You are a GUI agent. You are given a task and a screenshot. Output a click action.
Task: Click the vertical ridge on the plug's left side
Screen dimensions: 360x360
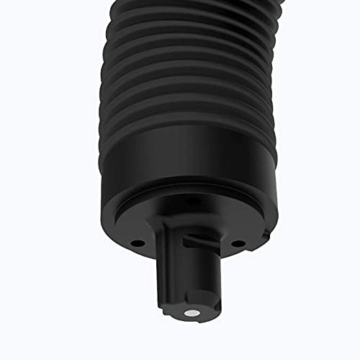click(x=161, y=288)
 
